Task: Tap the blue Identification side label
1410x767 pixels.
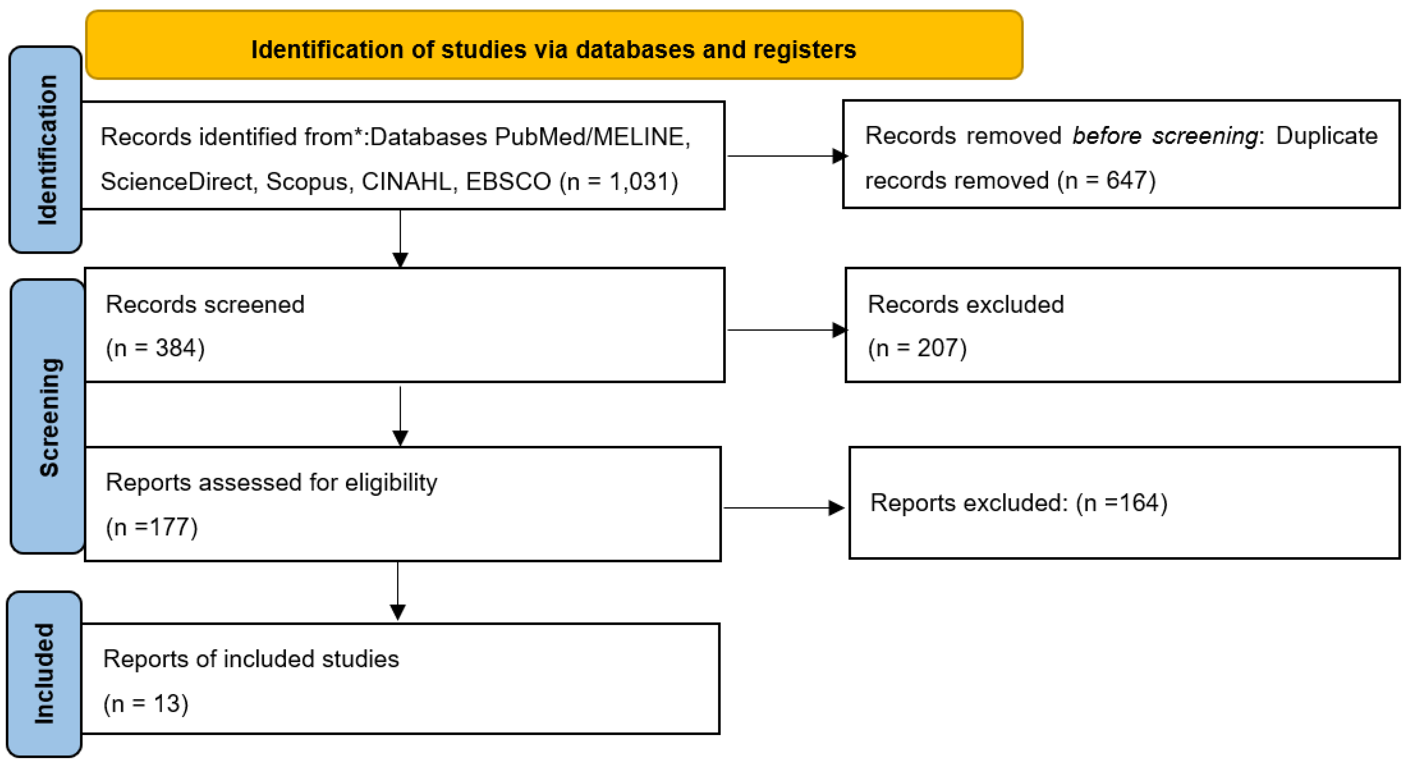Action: tap(46, 149)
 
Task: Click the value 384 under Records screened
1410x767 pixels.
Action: tap(175, 348)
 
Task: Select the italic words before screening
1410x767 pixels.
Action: tap(1165, 136)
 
